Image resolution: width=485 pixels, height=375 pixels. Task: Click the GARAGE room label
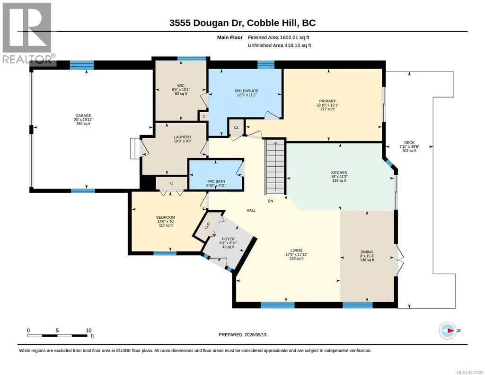[x=83, y=116]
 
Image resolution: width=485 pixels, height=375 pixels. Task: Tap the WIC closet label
[x=181, y=86]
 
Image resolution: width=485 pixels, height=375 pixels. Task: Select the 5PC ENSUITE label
[x=247, y=91]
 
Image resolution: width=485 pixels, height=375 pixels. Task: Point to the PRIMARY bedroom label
[x=327, y=101]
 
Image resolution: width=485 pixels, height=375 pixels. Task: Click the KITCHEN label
[x=339, y=173]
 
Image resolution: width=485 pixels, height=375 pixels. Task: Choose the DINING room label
[x=367, y=252]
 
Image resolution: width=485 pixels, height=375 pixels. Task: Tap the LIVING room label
[x=296, y=250]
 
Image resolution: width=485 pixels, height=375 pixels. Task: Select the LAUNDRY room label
[x=183, y=137]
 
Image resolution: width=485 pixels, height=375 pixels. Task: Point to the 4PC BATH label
[x=216, y=181]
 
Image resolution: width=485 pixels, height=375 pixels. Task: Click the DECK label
[x=409, y=143]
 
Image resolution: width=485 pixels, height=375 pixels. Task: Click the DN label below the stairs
[x=270, y=201]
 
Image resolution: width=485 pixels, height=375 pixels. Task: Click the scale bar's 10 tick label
[x=88, y=330]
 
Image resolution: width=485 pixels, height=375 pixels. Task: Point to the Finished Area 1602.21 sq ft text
[x=278, y=37]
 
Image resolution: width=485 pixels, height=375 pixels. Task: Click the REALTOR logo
[x=28, y=33]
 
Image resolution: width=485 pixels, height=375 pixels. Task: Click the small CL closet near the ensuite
[x=236, y=127]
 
